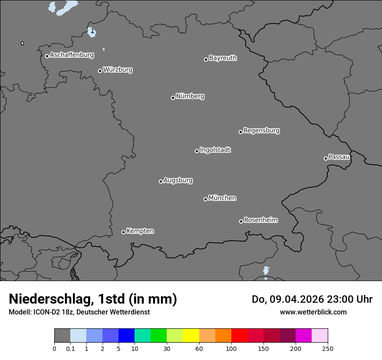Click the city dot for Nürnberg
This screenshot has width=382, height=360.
tap(173, 98)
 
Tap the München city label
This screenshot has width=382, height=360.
tap(222, 198)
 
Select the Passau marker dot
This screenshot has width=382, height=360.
tap(326, 158)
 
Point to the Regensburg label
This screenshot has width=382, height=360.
tap(261, 131)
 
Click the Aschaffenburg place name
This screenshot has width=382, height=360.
tap(72, 55)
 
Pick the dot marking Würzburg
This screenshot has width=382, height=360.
tap(100, 71)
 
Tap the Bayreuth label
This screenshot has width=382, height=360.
tap(223, 58)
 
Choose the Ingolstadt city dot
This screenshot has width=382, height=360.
tap(197, 151)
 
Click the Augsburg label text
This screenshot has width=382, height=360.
tap(178, 180)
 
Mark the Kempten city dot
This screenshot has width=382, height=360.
tap(123, 232)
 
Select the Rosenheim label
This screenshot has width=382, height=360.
tap(260, 220)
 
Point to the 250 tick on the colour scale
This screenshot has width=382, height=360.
tap(328, 348)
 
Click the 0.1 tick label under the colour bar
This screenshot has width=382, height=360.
tap(70, 348)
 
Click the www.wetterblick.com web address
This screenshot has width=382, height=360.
tap(313, 312)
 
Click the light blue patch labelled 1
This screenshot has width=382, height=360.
tap(92, 32)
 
